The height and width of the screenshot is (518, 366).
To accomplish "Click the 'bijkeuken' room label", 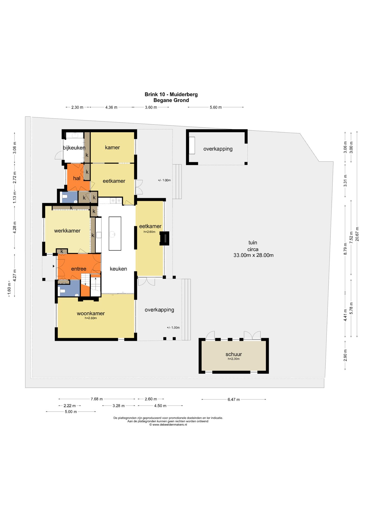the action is coord(74,148).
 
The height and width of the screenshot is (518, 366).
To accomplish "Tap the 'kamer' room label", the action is coord(112,147).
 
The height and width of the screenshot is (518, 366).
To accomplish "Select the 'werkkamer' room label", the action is coord(67,231).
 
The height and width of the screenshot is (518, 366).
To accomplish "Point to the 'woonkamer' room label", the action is coord(91,313).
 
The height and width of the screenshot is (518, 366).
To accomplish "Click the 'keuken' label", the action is coord(118,269).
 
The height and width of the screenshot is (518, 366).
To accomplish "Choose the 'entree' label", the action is coord(79,269).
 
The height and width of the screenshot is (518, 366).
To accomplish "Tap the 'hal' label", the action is coord(77,178).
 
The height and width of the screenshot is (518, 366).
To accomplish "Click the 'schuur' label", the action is coord(234,354).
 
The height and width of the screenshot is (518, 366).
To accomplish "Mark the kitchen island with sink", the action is coord(115,233).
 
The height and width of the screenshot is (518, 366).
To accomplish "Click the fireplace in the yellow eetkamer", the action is coord(164,238).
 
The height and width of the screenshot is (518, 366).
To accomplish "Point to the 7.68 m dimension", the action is coord(97,399).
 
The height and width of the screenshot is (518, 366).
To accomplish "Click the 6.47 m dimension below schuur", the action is coord(234,399).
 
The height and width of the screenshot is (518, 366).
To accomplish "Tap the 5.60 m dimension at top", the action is coord(216,107).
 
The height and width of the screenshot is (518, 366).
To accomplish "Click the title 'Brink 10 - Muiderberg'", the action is coord(171,94).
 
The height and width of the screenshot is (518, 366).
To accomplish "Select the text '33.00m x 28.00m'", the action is coord(253,255).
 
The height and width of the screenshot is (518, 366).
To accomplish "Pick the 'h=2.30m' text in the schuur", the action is coord(234,359).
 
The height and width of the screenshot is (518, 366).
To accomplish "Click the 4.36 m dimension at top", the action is coord(111,107).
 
